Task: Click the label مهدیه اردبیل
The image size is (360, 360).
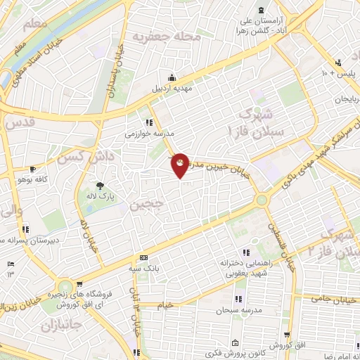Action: click(x=172, y=90)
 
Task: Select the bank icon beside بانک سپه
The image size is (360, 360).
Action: click(x=143, y=258)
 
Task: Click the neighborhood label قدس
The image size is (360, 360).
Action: click(x=20, y=122)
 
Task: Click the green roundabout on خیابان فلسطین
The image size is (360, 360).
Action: click(x=262, y=200)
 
